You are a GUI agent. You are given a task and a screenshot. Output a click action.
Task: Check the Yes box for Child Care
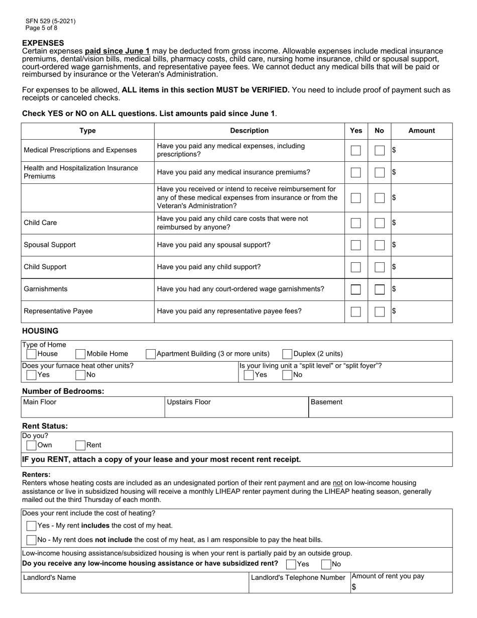coord(355,223)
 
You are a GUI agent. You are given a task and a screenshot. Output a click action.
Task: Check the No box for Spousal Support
coord(380,245)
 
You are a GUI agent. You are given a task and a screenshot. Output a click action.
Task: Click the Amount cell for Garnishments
coord(422,289)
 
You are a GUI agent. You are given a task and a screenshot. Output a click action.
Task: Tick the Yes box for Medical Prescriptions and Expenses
coord(355,150)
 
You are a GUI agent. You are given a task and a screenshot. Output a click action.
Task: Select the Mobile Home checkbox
coord(80,354)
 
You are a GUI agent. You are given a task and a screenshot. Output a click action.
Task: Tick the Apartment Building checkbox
coord(150,354)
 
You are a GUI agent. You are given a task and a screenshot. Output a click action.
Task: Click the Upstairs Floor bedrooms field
coord(236,410)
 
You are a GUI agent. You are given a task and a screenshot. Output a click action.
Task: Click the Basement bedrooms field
coord(380,410)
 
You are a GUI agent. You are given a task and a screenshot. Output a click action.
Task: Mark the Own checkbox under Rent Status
coord(31,445)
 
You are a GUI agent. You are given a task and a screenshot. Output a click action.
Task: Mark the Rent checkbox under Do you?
coord(80,445)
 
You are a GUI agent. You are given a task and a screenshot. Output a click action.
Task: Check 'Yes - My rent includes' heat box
coord(31,526)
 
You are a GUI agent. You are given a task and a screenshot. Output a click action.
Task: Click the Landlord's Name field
coord(135,586)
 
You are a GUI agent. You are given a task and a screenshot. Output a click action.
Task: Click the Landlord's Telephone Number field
coord(298,587)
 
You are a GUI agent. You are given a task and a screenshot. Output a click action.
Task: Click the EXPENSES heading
coord(43,43)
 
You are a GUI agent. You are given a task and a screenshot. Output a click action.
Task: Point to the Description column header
coord(249,131)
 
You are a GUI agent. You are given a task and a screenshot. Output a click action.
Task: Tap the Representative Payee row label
coord(58,311)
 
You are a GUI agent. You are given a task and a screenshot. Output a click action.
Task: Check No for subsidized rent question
coord(326,564)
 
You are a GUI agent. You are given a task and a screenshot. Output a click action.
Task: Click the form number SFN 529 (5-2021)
coord(51,21)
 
